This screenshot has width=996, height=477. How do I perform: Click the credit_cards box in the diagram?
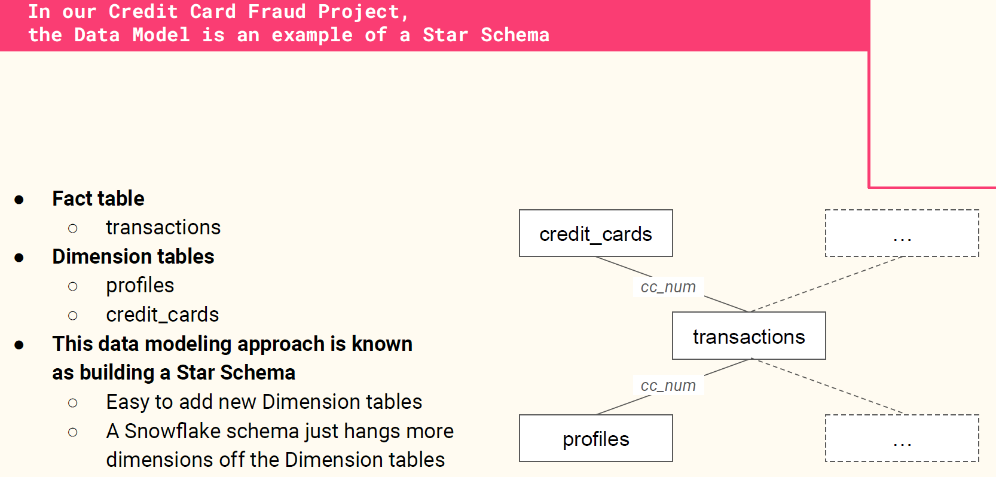point(596,233)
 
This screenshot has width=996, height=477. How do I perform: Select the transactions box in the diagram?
point(748,336)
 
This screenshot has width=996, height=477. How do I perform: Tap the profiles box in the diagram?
point(596,438)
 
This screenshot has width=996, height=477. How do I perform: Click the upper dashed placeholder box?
point(902,233)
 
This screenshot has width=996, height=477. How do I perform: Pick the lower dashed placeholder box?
point(902,438)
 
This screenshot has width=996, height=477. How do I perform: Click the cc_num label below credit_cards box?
point(668,287)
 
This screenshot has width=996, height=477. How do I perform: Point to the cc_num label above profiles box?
point(668,386)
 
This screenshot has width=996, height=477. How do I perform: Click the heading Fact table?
point(98,198)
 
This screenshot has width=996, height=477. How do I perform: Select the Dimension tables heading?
point(133,256)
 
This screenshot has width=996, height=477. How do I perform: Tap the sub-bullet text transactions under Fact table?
point(163,227)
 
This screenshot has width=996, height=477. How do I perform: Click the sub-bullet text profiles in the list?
point(140,285)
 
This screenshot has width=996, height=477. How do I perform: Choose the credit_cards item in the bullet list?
point(162,315)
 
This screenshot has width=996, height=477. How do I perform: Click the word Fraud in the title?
point(277,11)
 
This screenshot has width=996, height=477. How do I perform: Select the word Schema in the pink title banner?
point(515,35)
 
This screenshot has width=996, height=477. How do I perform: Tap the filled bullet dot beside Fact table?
point(19,200)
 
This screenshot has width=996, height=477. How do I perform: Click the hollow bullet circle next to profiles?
point(73,286)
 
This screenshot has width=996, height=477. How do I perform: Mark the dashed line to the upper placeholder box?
point(826,284)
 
